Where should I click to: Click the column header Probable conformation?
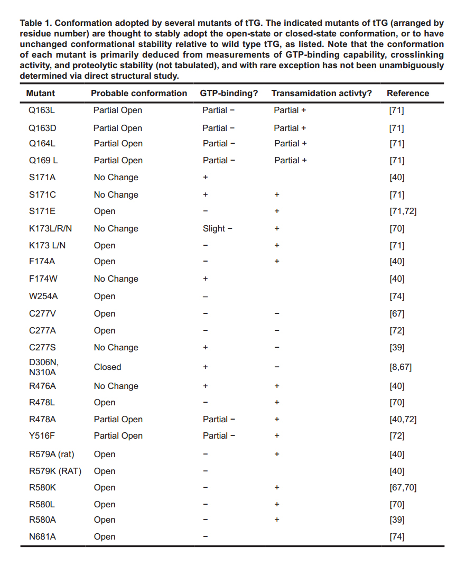click(x=139, y=93)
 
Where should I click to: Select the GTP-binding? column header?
click(x=229, y=93)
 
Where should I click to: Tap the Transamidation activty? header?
click(x=321, y=93)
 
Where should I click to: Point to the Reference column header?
click(x=408, y=93)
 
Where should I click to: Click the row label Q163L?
click(x=42, y=110)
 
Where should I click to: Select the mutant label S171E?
click(x=42, y=211)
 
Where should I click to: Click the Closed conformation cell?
click(x=107, y=367)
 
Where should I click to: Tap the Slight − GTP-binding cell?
click(x=218, y=228)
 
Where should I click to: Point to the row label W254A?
click(x=43, y=296)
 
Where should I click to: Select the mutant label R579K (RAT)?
click(x=55, y=471)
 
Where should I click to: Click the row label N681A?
click(x=42, y=536)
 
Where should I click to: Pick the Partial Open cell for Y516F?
click(x=118, y=435)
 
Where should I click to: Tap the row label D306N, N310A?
click(x=44, y=367)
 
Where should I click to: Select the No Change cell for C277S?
click(x=116, y=347)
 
